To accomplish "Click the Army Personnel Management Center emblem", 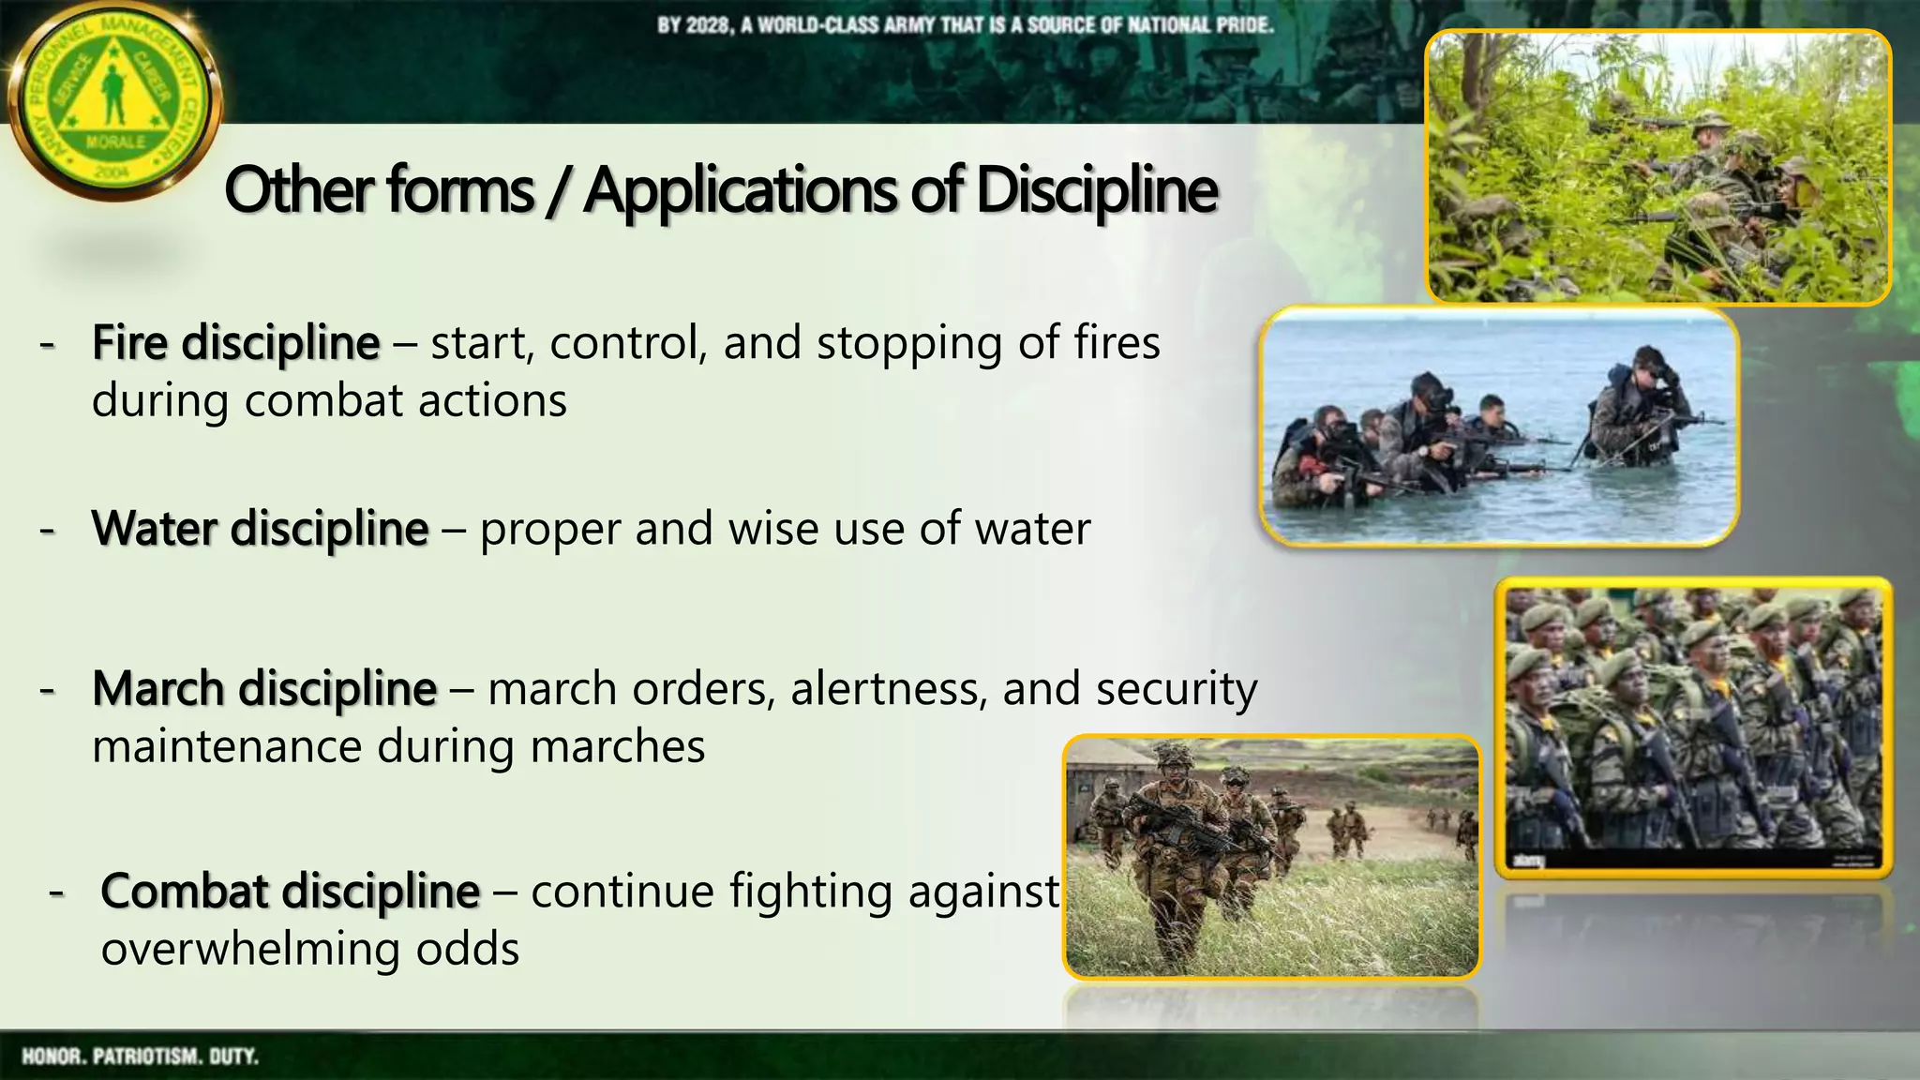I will pos(114,101).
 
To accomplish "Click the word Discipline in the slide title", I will pos(1096,191).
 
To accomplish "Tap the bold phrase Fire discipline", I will pos(235,343).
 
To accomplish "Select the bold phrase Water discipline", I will pos(260,529).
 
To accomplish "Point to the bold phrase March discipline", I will pos(264,689).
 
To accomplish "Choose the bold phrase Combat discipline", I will pos(290,891).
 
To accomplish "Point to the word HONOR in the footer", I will pos(52,1057).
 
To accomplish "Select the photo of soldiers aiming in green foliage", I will pos(1657,167).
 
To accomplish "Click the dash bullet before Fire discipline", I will pos(47,345).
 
